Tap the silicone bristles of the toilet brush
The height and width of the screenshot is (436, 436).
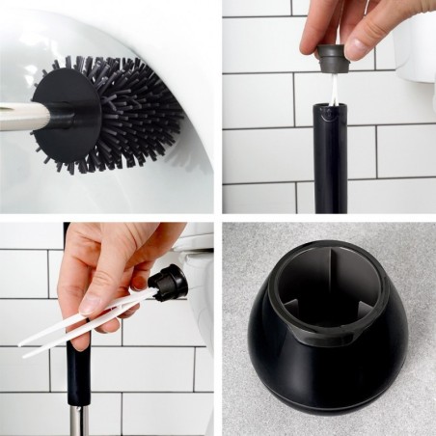click(x=145, y=111)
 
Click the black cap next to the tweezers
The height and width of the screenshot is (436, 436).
click(x=168, y=281)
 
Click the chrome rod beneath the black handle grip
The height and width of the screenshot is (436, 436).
click(x=74, y=421)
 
